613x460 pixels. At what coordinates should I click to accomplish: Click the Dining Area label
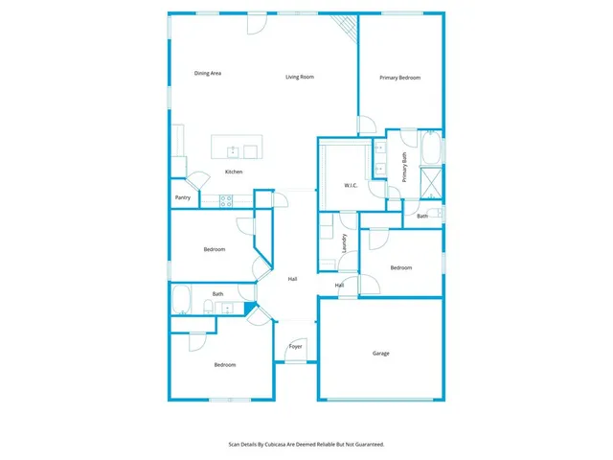pos(208,73)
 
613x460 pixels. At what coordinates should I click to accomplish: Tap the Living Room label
pos(300,77)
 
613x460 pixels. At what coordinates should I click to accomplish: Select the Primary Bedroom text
pos(399,78)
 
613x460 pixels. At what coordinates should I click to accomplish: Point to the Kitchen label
pos(234,172)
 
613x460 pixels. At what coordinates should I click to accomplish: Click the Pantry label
pos(183,198)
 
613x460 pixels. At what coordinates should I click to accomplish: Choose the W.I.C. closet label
pos(351,185)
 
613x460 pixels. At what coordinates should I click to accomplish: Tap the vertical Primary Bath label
pos(405,168)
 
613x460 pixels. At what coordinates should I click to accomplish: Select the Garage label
pos(380,354)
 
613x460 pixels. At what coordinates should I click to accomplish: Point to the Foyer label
pos(296,346)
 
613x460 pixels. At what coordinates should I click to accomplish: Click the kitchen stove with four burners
pos(227,200)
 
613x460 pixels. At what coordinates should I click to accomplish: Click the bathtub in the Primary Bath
pos(431,149)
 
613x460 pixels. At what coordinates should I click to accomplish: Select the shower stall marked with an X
pos(431,181)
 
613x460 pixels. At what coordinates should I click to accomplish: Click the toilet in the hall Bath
pos(208,308)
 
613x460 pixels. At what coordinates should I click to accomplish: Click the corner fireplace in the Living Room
pos(347,30)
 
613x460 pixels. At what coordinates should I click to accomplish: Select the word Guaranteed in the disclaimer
pos(367,445)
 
